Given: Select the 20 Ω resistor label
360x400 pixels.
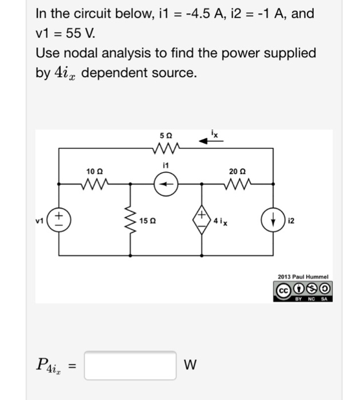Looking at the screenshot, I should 235,171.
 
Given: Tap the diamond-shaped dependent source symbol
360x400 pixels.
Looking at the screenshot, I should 202,219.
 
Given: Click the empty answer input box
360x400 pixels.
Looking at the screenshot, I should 130,365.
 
